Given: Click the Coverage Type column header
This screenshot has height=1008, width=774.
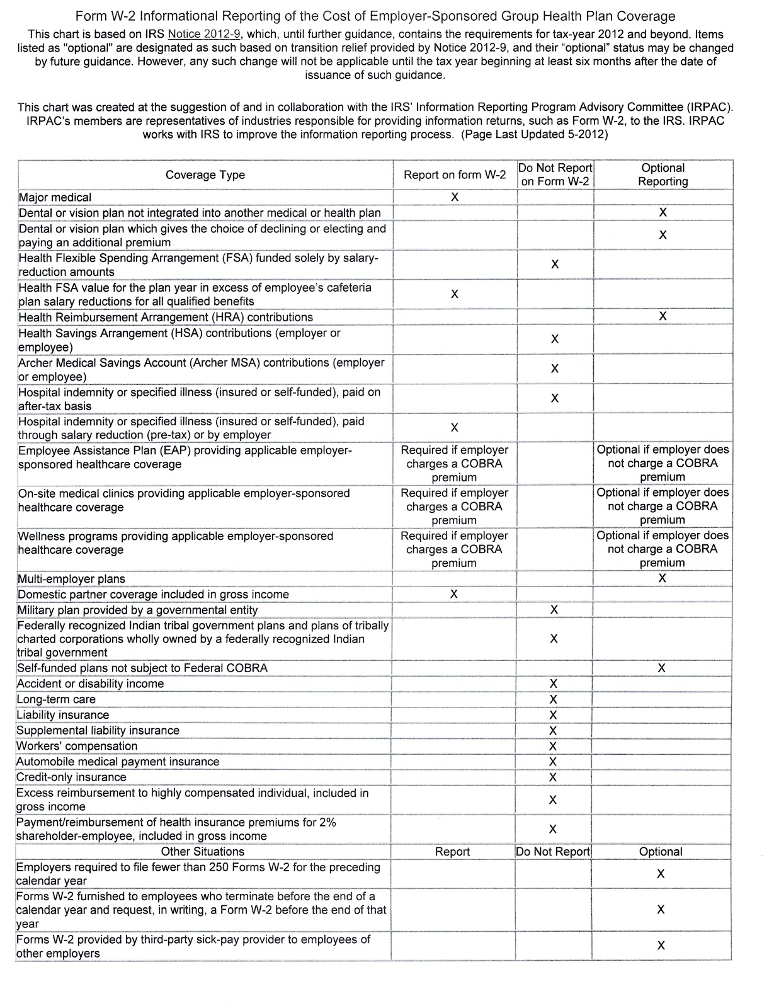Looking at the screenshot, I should tap(205, 175).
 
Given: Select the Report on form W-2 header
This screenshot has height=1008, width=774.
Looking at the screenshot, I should tap(454, 175).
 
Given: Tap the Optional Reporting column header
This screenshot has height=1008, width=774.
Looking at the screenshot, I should tap(663, 175).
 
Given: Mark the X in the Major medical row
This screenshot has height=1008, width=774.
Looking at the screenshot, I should tap(455, 197).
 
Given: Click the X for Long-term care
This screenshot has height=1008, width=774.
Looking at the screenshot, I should tap(554, 699).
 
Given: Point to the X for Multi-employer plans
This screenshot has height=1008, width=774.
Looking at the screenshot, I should tap(662, 578).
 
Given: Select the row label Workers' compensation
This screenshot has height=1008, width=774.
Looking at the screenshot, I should tap(77, 746).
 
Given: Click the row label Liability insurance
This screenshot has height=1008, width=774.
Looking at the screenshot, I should tap(63, 715).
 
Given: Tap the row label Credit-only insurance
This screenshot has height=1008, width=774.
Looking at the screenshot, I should tap(72, 777).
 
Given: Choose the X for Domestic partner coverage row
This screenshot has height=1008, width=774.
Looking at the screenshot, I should tap(454, 594).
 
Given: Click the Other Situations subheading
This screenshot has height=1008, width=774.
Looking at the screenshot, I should tap(203, 852).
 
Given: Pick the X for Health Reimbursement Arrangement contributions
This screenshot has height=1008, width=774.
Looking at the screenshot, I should tap(663, 316).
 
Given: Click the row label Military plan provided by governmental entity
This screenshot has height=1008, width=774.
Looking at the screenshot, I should tap(138, 610).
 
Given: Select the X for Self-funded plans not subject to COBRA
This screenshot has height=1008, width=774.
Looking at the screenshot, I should tap(661, 668).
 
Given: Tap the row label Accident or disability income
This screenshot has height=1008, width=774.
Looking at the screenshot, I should tap(91, 684).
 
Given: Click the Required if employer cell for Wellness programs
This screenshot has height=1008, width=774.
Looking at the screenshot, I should tap(454, 549).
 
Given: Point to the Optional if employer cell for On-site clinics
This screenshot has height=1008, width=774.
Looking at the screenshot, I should tap(663, 507).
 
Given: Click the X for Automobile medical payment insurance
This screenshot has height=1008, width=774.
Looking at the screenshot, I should tap(553, 762).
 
